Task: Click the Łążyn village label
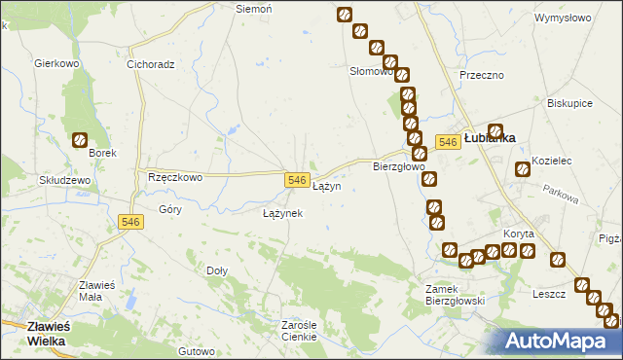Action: (326, 186)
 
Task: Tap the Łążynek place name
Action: (283, 212)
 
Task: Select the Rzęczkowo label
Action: (174, 177)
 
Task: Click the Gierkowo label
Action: (55, 63)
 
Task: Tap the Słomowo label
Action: (371, 71)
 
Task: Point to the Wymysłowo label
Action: (564, 18)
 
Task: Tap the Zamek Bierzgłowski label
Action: (456, 295)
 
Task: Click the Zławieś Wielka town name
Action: (34, 334)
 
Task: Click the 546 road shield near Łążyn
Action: (298, 180)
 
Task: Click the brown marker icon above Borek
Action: (80, 140)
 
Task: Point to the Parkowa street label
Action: (562, 195)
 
